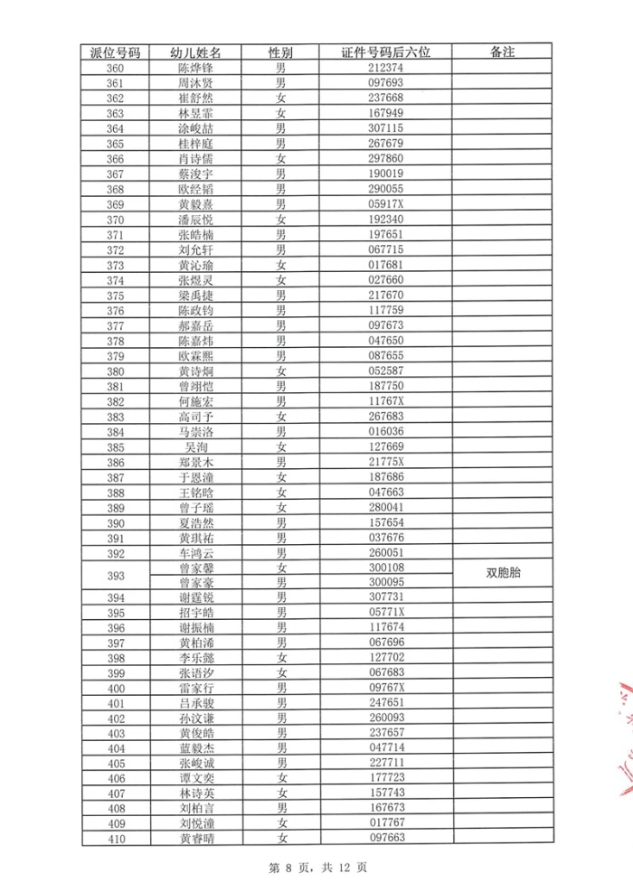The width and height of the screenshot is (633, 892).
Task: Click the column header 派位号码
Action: pyautogui.click(x=116, y=52)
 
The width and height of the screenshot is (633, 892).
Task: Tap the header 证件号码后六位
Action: pyautogui.click(x=386, y=52)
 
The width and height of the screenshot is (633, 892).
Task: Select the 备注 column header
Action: pyautogui.click(x=502, y=52)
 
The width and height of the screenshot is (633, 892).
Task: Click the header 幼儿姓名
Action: pyautogui.click(x=196, y=52)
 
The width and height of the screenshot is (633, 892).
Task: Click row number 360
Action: pyautogui.click(x=116, y=68)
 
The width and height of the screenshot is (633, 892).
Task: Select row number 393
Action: pyautogui.click(x=116, y=575)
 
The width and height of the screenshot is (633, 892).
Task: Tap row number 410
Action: pyautogui.click(x=116, y=839)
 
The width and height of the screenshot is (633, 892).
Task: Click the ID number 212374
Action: pyautogui.click(x=386, y=68)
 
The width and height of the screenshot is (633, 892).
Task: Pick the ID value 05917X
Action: pyautogui.click(x=386, y=204)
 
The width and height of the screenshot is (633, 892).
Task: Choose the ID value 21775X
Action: pyautogui.click(x=386, y=462)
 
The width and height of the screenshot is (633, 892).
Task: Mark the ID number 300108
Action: pyautogui.click(x=386, y=568)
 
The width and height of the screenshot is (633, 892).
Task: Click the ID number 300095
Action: pyautogui.click(x=386, y=582)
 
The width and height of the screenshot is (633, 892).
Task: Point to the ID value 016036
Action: pyautogui.click(x=386, y=431)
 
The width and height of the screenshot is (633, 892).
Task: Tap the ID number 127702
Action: pyautogui.click(x=386, y=658)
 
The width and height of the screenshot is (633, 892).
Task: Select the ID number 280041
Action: pyautogui.click(x=386, y=507)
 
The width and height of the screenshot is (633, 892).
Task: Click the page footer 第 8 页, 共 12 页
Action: pyautogui.click(x=317, y=868)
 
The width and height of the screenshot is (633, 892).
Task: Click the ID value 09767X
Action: pyautogui.click(x=386, y=688)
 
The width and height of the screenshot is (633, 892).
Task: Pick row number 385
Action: pyautogui.click(x=116, y=446)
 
